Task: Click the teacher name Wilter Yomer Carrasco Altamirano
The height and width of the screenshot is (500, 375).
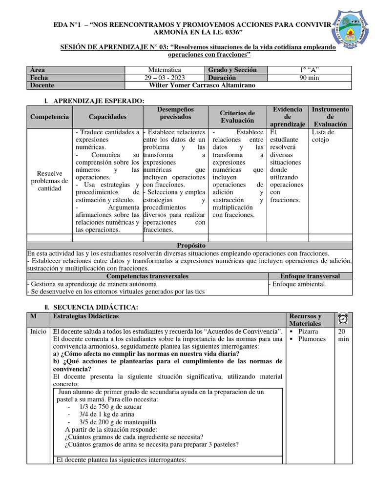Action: pyautogui.click(x=202, y=85)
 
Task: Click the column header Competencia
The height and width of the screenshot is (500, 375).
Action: pyautogui.click(x=49, y=117)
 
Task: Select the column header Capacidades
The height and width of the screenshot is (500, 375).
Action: pyautogui.click(x=107, y=117)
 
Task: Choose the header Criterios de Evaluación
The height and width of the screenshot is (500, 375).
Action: pyautogui.click(x=237, y=117)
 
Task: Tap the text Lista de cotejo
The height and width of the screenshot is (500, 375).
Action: pyautogui.click(x=323, y=136)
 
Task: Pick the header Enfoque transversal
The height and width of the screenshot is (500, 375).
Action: pyautogui.click(x=310, y=276)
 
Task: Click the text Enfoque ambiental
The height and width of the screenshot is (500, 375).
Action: pyautogui.click(x=299, y=284)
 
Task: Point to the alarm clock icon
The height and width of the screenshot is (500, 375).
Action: pyautogui.click(x=343, y=319)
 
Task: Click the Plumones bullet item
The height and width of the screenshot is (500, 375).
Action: pyautogui.click(x=312, y=339)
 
